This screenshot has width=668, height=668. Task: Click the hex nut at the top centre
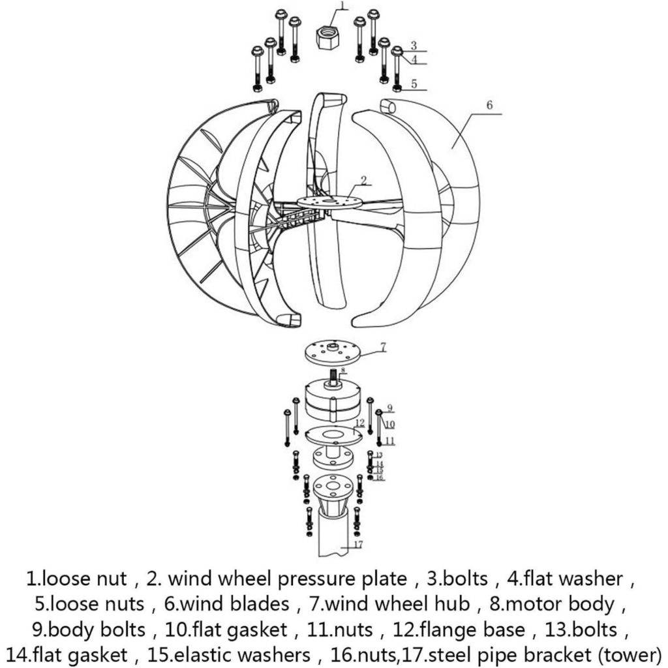tap(327, 37)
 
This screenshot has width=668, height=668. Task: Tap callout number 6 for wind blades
tap(489, 105)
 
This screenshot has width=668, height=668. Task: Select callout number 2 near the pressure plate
tap(363, 180)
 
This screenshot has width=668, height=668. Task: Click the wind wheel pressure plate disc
tap(327, 202)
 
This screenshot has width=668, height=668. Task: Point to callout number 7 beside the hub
tap(383, 347)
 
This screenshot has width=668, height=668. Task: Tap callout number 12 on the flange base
tap(360, 423)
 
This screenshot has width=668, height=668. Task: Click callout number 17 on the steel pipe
tap(358, 545)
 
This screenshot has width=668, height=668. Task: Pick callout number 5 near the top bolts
tap(414, 84)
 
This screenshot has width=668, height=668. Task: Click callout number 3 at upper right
tap(413, 46)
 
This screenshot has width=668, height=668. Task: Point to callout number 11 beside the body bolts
tap(390, 440)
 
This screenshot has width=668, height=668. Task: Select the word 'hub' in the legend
tap(453, 604)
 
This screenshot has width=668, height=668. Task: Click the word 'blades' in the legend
tap(260, 604)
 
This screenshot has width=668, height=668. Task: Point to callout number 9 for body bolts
tap(390, 408)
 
